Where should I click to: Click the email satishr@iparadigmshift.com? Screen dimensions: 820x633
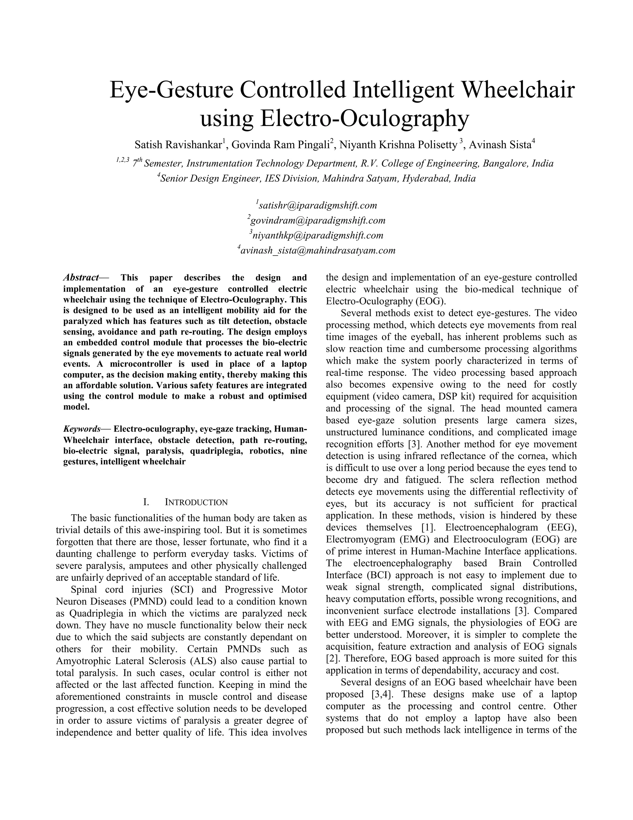tap(318, 205)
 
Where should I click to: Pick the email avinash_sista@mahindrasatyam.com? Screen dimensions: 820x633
tap(318, 250)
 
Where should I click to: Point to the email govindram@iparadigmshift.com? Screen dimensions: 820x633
tap(318, 220)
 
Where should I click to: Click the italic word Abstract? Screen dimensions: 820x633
tap(80, 278)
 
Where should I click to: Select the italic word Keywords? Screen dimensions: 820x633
tap(82, 429)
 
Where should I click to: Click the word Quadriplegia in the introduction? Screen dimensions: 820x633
tap(96, 614)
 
